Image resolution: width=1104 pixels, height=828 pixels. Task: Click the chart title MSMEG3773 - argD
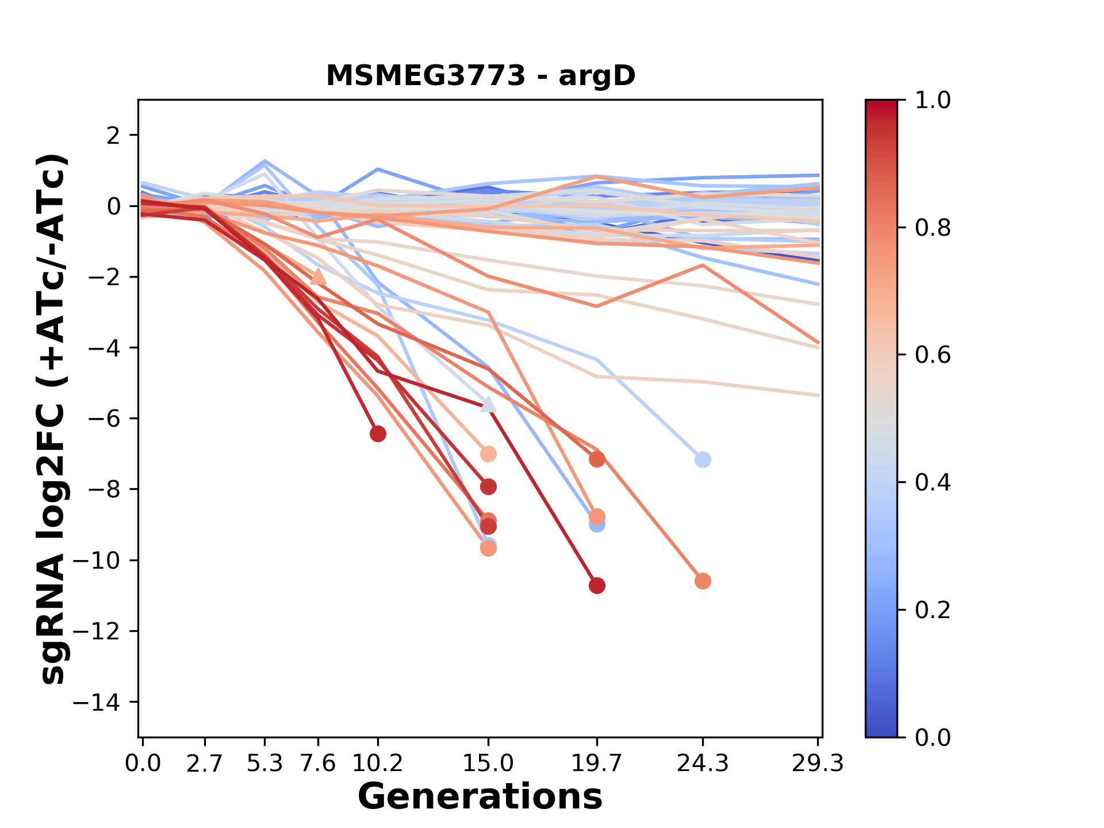(480, 76)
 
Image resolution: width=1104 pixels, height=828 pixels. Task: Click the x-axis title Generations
(480, 797)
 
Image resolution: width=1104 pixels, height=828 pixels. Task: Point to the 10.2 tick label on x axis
(378, 764)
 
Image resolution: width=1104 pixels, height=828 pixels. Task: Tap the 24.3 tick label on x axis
(702, 764)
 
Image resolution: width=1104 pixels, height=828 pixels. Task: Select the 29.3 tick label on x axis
(817, 764)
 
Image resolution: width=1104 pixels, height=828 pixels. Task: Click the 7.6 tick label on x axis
(318, 764)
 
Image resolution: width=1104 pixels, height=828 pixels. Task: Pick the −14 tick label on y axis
(103, 702)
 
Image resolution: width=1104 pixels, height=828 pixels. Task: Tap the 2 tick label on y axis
(114, 136)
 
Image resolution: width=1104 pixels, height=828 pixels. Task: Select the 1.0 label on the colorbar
(932, 101)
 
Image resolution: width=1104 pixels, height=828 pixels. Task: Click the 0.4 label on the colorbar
(932, 482)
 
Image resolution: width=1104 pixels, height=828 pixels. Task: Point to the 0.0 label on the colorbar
(932, 737)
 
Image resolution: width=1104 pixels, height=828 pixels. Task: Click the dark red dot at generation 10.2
(378, 434)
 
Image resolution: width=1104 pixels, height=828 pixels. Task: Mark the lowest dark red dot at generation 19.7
(597, 586)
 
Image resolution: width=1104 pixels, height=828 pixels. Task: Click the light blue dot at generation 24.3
(703, 459)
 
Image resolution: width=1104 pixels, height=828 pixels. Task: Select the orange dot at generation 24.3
(703, 581)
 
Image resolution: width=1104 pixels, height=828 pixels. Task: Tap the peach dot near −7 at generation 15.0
(488, 454)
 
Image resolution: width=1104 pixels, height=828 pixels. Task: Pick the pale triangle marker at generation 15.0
(488, 404)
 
